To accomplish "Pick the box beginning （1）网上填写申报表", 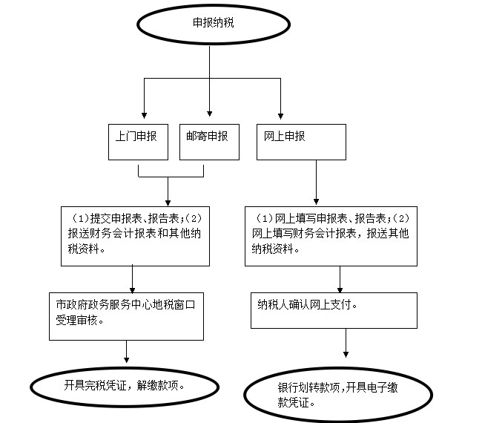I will click(330, 236).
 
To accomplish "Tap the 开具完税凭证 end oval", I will click(124, 386).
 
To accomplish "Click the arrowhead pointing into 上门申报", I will click(143, 119).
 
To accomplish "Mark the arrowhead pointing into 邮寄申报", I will click(210, 119).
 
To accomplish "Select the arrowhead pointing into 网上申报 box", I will click(280, 119).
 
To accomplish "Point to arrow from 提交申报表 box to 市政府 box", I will click(133, 279).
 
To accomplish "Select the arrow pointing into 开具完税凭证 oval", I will click(128, 353).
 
